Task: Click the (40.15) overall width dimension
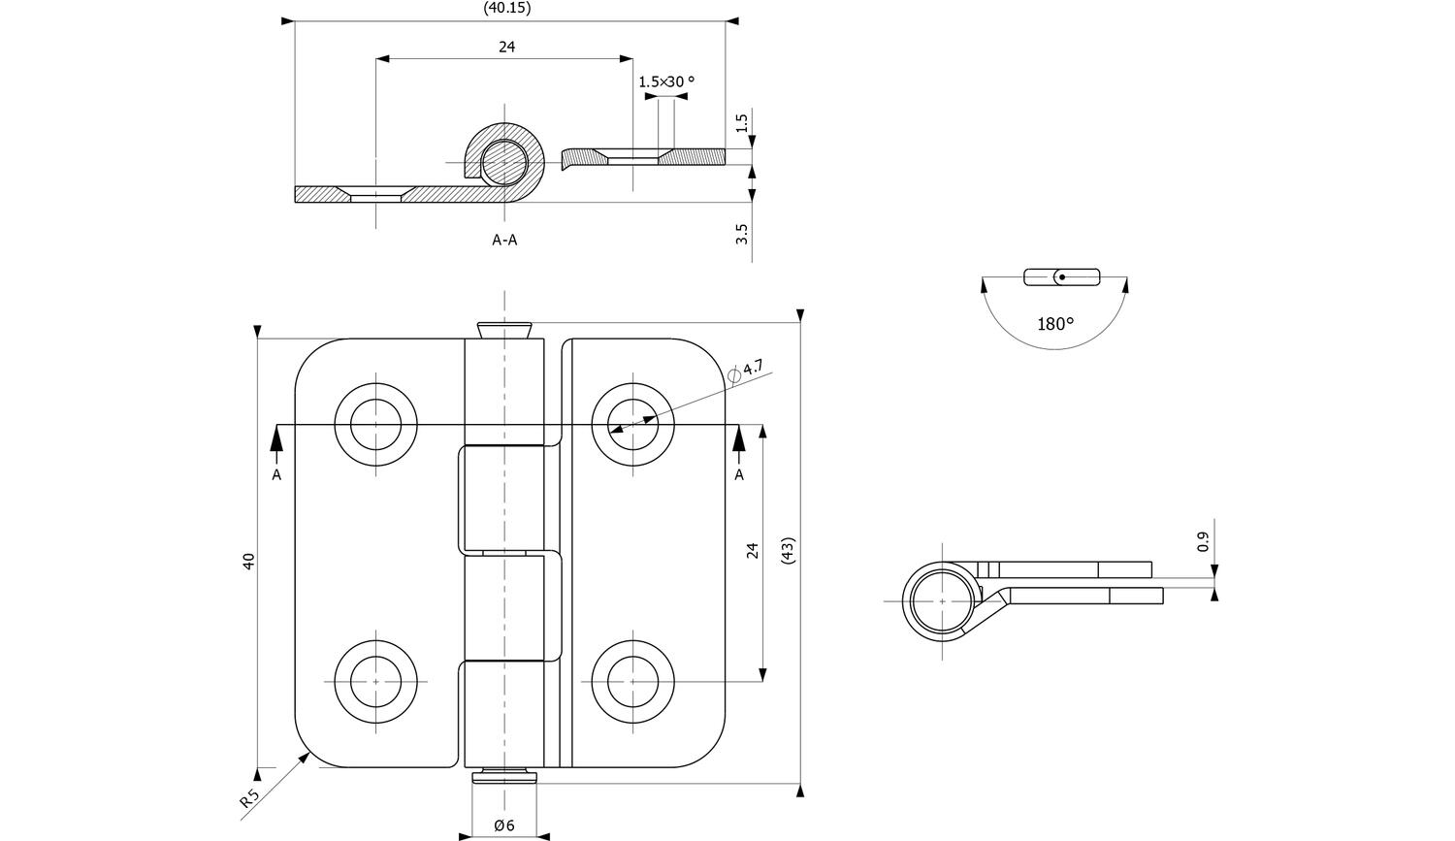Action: (x=507, y=8)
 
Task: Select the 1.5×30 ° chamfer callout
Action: (x=666, y=82)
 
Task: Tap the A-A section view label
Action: (x=504, y=240)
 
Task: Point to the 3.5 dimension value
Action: (x=742, y=234)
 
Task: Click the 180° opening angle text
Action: (x=1055, y=324)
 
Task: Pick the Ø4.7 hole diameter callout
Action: (x=746, y=370)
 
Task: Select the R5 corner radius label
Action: (x=249, y=799)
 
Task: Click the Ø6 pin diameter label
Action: (x=503, y=825)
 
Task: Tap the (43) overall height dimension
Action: (x=787, y=552)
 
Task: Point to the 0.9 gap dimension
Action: (x=1204, y=541)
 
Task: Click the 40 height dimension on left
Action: (x=248, y=561)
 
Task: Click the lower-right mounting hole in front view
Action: (x=632, y=682)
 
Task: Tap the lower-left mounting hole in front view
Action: (x=375, y=682)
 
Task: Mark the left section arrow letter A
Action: (x=276, y=474)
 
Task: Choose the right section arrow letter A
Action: (x=739, y=474)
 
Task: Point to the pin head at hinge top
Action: (x=503, y=329)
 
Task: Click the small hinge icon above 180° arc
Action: (x=1062, y=276)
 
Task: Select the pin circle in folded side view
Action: (x=941, y=601)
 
